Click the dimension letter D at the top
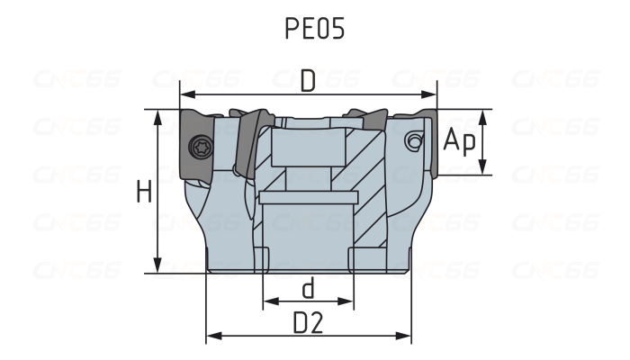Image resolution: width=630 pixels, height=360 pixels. point(309,82)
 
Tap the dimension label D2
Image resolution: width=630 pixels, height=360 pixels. point(309,323)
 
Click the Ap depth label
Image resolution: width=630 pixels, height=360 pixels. point(459,141)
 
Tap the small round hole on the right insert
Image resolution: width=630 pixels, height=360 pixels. point(413,140)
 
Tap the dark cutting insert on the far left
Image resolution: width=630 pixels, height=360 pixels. point(197,144)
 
